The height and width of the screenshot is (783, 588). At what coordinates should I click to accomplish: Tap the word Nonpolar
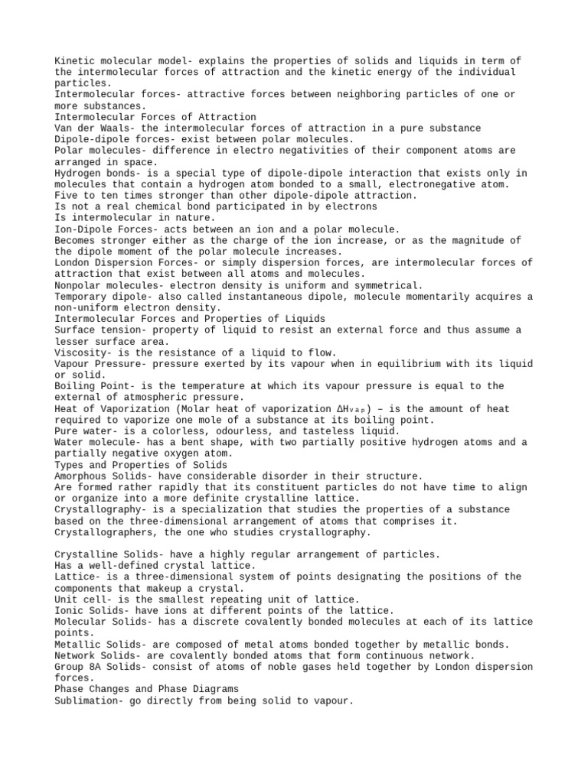coord(77,284)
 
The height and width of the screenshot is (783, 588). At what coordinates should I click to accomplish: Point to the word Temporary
coord(80,296)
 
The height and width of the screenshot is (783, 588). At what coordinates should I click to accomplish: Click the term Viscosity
coord(80,352)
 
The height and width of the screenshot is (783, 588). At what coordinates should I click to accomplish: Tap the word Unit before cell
coord(66,599)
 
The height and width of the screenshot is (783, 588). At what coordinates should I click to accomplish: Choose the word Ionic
coord(69,610)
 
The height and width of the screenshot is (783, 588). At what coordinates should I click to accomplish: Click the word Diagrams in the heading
coord(211,689)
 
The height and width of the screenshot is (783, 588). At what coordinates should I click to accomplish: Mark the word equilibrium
coord(428,363)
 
